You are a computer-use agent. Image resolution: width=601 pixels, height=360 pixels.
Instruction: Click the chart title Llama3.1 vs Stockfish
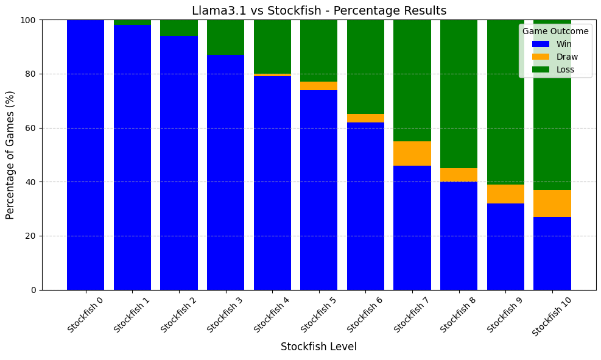click(319, 11)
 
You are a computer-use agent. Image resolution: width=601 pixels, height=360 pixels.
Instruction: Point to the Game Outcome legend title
click(555, 31)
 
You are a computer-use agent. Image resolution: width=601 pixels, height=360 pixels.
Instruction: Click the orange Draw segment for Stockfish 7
click(412, 154)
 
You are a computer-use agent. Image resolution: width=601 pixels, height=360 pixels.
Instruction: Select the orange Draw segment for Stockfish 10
click(552, 203)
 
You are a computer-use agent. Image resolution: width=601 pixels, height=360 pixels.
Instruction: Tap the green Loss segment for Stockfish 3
click(225, 37)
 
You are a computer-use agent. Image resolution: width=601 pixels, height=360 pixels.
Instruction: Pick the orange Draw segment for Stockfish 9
click(505, 194)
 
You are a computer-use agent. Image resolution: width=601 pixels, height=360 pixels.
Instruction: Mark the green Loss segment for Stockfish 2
click(179, 28)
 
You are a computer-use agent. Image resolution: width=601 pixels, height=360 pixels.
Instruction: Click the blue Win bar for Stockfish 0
click(86, 155)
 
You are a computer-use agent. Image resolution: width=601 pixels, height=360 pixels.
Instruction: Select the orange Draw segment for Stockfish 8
click(459, 175)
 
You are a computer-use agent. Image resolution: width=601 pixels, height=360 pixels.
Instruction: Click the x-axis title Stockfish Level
click(318, 347)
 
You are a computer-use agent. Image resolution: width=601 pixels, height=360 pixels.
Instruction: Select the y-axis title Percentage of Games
click(10, 155)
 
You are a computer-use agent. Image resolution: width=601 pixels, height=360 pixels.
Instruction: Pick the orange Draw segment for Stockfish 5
click(318, 86)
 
